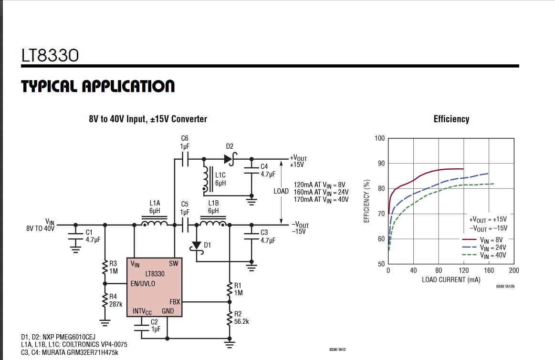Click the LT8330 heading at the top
coord(50,55)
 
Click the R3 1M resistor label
coord(113,267)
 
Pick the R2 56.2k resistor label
coord(241,318)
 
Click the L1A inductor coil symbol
coord(155,223)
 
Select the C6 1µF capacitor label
coord(185,142)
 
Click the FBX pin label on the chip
coord(175,302)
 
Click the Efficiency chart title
coord(451,119)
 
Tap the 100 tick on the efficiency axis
coord(379,138)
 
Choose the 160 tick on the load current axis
coord(489,271)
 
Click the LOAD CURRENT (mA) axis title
coord(450,279)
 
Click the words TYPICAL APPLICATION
coord(98,86)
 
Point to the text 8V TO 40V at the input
coord(41,228)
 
